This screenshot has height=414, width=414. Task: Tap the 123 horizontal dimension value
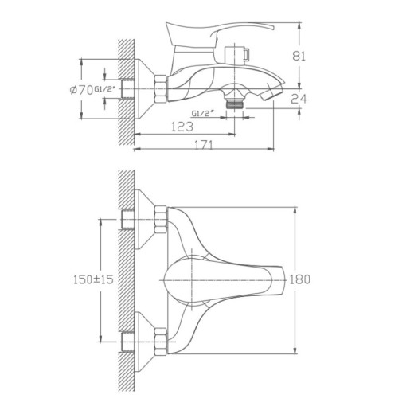point(184,126)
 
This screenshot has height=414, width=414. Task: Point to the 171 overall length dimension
point(206,144)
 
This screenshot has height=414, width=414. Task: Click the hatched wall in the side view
point(124,88)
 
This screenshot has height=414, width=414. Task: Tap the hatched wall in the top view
point(124,279)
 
